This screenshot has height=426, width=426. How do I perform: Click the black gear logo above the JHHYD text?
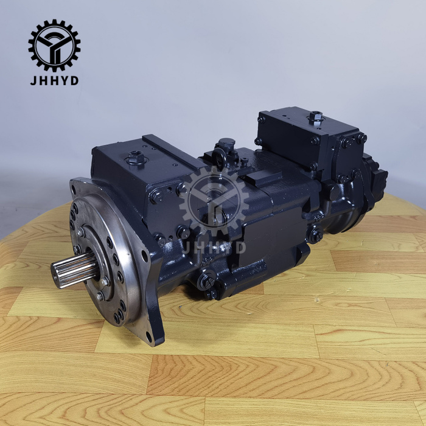54,46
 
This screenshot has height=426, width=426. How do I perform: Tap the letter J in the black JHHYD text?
33,81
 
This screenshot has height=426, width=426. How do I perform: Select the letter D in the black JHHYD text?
74,81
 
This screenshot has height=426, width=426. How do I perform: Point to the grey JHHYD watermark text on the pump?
214,248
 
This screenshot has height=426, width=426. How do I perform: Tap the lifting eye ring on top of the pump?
219,157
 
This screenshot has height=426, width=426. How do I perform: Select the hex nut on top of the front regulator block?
136,157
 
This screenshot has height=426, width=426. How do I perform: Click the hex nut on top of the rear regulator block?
316,117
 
